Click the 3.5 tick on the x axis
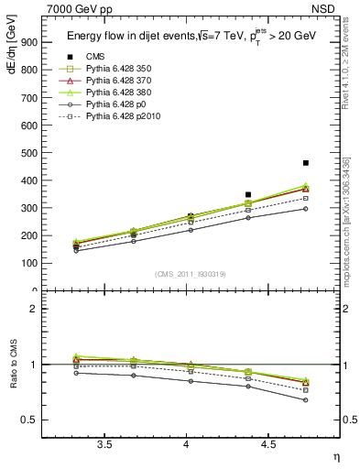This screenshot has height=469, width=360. (x=104, y=445)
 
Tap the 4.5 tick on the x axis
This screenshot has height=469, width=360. (x=268, y=445)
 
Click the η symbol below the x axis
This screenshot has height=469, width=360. (x=335, y=457)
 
